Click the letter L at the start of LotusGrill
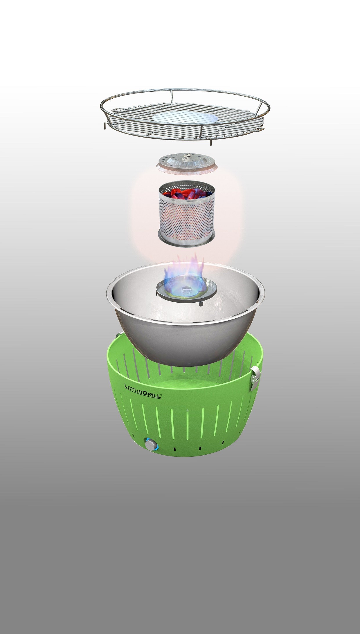tap(127, 386)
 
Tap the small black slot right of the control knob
tap(175, 449)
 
